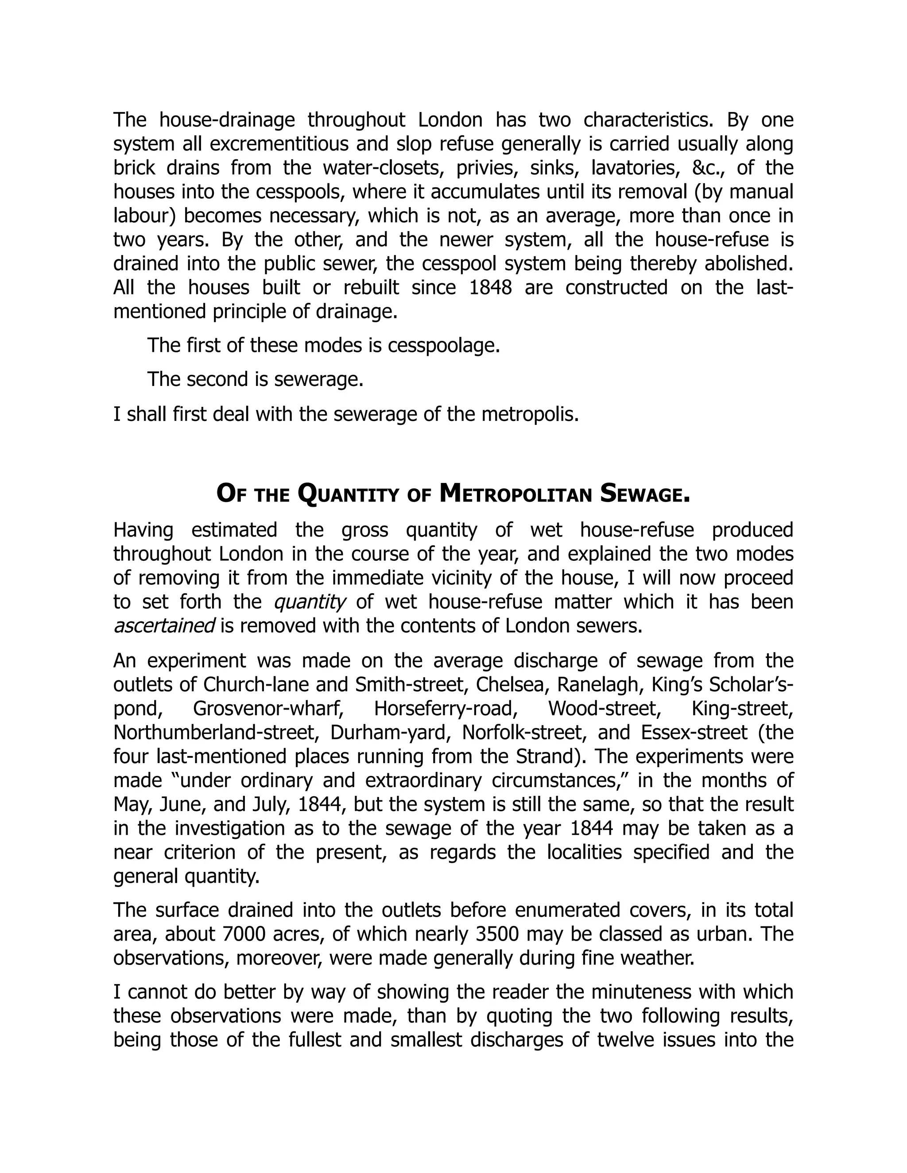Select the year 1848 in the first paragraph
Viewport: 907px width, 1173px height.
click(491, 287)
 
